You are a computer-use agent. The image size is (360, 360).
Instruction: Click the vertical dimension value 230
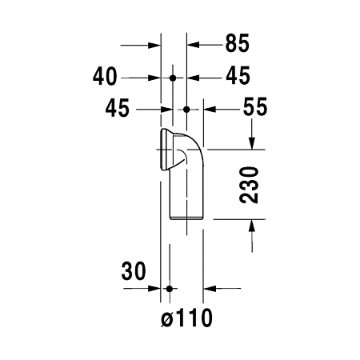point(251,186)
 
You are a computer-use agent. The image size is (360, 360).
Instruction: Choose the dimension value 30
point(132,270)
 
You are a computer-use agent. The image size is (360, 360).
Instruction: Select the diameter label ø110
point(186,319)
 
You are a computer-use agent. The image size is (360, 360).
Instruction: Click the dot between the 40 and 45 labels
point(174,78)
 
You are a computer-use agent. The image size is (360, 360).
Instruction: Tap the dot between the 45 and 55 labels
point(186,108)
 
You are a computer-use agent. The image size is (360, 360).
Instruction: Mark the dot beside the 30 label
point(169,287)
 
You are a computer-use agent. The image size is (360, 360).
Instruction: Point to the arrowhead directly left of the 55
point(212,108)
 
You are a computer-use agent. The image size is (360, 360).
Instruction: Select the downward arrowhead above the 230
point(252,142)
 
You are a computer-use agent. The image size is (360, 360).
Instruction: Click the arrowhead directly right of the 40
point(156,78)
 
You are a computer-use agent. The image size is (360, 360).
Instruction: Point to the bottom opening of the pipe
point(186,218)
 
